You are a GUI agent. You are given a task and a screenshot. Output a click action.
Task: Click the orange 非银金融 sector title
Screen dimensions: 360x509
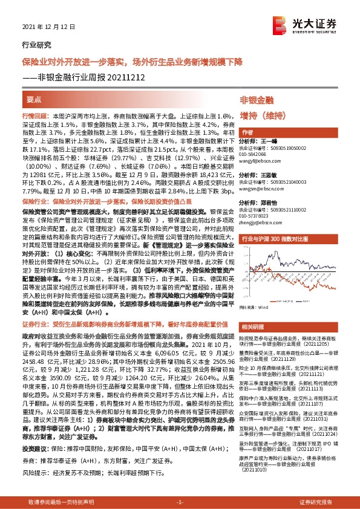coord(257,100)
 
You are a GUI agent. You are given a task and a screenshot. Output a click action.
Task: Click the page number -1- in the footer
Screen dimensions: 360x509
coord(180,503)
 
